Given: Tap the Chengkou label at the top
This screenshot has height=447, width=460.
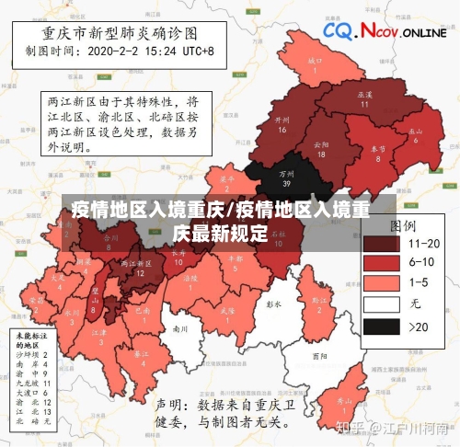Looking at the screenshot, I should point(315,64).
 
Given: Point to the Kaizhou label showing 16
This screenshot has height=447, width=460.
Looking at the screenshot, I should point(282,124).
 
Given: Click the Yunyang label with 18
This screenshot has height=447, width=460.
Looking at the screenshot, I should point(320,149).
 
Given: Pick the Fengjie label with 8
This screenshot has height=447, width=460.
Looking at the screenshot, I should point(378,153).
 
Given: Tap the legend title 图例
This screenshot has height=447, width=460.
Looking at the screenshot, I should point(403,224).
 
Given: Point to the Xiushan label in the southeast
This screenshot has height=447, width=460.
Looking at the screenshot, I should point(343,404).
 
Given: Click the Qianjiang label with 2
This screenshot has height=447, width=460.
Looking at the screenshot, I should point(319,303).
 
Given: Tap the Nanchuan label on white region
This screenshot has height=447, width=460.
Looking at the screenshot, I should point(180,328).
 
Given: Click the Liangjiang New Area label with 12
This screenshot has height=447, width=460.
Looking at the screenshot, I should point(139,268).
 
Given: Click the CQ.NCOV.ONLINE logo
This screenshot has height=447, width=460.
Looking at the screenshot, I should point(385,32).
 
